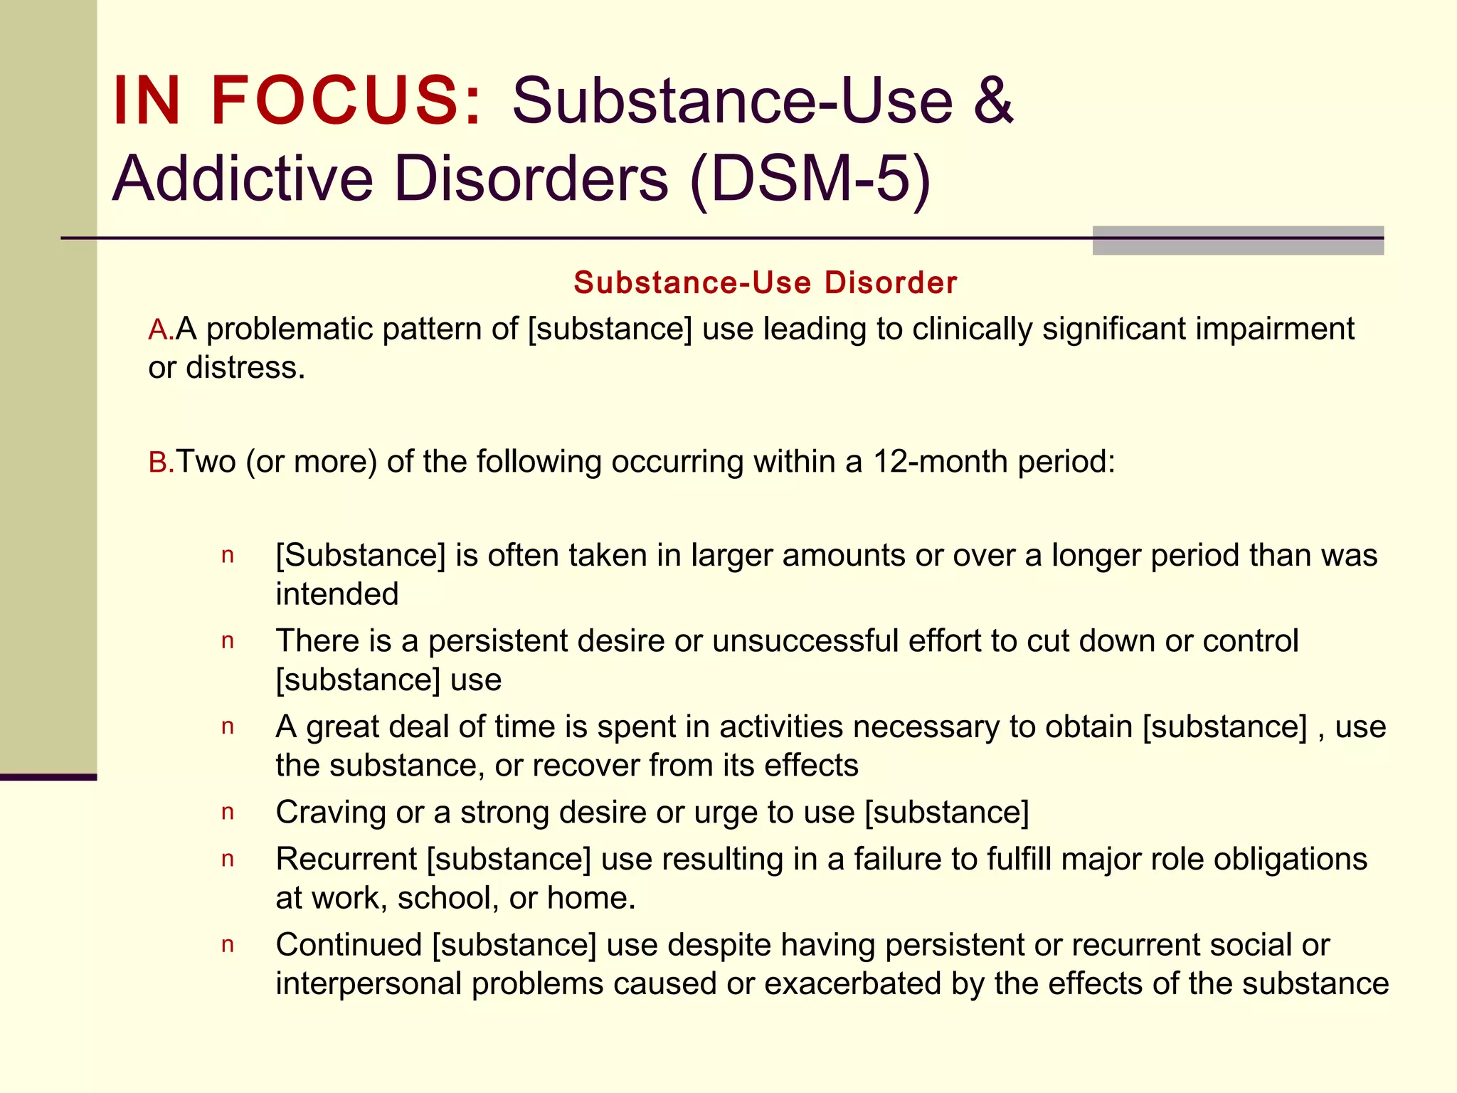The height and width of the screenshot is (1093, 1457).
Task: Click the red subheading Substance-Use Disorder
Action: [x=765, y=283]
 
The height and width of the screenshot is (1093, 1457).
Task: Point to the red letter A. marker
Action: [x=161, y=330]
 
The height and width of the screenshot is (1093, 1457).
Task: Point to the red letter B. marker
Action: [x=161, y=463]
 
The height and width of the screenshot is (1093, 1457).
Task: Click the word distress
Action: [x=245, y=368]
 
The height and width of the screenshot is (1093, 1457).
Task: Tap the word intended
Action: [x=337, y=594]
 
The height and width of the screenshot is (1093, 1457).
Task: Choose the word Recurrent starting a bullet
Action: [x=346, y=859]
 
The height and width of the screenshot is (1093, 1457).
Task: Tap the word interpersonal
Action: [x=369, y=983]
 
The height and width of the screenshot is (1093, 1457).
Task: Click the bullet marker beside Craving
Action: [x=228, y=813]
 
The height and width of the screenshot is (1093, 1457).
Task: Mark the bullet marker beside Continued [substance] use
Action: [x=228, y=946]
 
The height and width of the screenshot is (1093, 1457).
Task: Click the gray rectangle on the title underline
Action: [x=1238, y=241]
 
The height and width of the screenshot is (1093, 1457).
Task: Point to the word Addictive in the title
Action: [x=243, y=179]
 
